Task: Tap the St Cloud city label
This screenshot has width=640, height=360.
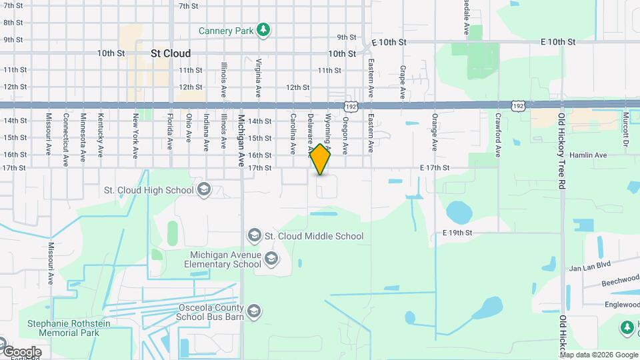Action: point(171,53)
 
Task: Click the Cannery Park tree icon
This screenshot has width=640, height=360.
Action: point(265,29)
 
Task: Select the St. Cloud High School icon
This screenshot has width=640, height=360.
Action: point(204,190)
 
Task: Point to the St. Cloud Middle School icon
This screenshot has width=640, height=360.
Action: point(254,235)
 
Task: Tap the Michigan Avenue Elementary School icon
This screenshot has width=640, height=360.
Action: point(271,259)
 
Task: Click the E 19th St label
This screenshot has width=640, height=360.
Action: point(457,233)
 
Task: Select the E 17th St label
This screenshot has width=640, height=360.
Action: point(435,168)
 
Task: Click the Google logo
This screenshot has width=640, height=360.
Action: point(21,352)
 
